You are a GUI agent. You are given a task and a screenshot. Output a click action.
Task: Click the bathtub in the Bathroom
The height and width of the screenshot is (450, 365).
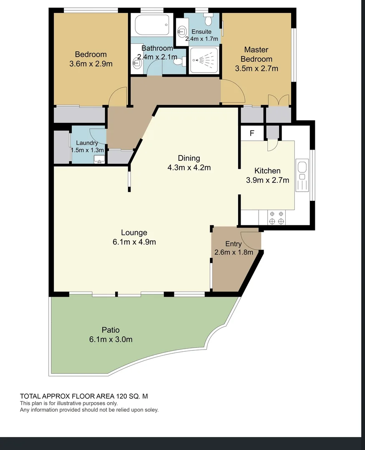coord(152,25)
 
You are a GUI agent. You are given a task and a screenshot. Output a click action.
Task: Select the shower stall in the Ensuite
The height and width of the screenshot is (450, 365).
coord(204,60)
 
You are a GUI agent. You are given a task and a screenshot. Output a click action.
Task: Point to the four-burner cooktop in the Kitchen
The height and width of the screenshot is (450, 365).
coord(277,217)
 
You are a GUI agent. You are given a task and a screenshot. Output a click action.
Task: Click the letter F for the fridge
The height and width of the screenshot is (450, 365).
coord(252,133)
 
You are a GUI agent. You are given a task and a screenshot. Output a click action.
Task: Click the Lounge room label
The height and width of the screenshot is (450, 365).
coord(134,232)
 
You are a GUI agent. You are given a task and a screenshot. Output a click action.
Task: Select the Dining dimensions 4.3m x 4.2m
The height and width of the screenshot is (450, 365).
coord(189,167)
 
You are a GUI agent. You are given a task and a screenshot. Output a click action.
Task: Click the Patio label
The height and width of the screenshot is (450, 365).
coord(111,330)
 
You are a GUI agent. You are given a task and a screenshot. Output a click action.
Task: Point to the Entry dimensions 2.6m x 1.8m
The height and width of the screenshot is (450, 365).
coord(234,252)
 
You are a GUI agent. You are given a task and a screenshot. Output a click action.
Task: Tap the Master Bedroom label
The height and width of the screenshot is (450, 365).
coord(257,54)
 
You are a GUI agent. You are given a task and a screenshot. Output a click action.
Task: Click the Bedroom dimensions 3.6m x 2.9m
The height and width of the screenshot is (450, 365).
coord(91,64)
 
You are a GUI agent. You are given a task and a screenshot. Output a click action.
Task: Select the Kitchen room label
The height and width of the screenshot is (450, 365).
coord(267,171)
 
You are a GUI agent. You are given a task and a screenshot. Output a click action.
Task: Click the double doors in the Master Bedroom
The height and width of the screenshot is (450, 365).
coord(279,100)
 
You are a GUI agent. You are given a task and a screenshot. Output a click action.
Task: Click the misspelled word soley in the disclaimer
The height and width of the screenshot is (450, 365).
coord(151,410)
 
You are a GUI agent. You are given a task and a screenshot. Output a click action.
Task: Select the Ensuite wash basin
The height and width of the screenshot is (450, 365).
coord(181,30)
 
